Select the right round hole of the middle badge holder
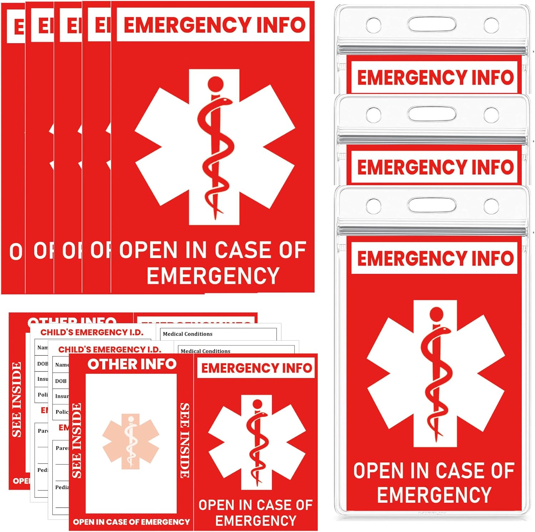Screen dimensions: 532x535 click(x=491, y=115)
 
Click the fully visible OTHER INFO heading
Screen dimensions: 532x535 click(x=132, y=364)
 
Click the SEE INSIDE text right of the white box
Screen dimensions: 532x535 click(x=185, y=440)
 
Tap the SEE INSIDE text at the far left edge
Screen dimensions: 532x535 click(x=17, y=400)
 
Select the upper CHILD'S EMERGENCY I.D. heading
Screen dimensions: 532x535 click(x=92, y=333)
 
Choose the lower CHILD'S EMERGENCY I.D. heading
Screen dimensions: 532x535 click(x=110, y=349)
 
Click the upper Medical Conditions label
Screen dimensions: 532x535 click(x=188, y=334)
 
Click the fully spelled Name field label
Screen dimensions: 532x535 click(x=62, y=365)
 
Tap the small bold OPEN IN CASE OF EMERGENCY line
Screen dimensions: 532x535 click(x=131, y=522)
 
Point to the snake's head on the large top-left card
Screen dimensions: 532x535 click(x=224, y=102)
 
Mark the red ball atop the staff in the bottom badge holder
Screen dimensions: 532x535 click(x=436, y=314)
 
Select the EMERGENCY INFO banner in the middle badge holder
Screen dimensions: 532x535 click(x=435, y=167)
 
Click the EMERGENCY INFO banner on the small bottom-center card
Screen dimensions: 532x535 click(x=256, y=368)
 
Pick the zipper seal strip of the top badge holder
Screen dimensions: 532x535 click(x=432, y=49)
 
